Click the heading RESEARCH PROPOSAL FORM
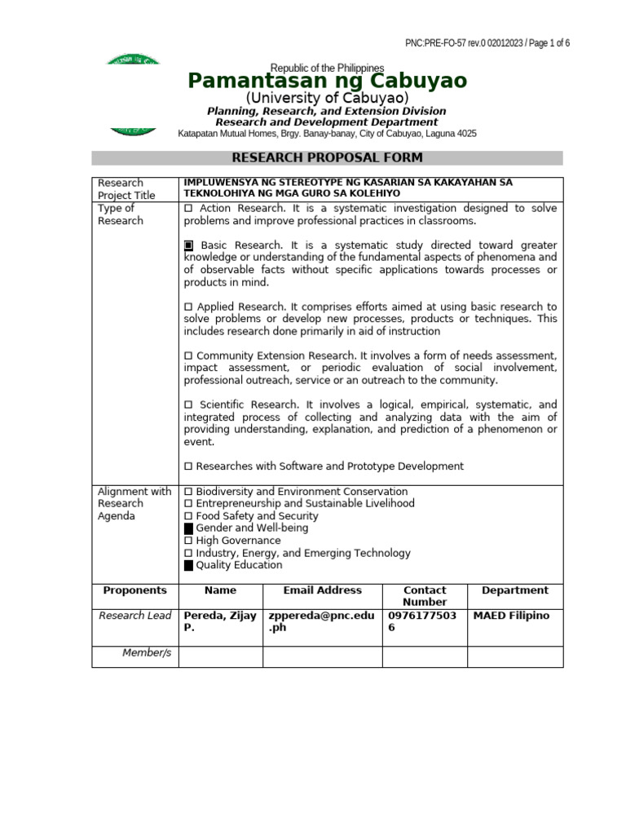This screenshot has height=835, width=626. tap(327, 158)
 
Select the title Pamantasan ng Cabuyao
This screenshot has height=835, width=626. tap(327, 81)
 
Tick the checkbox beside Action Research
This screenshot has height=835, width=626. tap(188, 209)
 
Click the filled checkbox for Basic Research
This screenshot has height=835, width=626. tap(188, 245)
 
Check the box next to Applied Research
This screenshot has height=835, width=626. tap(188, 307)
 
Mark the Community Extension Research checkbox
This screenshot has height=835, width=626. tap(188, 356)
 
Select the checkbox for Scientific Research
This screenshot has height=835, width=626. tap(188, 405)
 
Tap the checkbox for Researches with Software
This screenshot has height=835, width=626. tap(188, 466)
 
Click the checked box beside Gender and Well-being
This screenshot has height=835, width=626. tap(189, 528)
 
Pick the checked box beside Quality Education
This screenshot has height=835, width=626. tap(189, 565)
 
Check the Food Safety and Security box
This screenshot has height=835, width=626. tap(188, 516)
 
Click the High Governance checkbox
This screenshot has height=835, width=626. tap(188, 541)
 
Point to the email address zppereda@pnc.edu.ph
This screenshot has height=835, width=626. tap(321, 622)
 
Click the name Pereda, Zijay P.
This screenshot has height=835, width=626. tap(220, 622)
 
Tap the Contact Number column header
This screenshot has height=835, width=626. tap(425, 596)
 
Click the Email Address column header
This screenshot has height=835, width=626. tap(322, 590)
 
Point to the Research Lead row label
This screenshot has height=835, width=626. tap(134, 616)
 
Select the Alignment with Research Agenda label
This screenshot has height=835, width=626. tap(134, 504)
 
